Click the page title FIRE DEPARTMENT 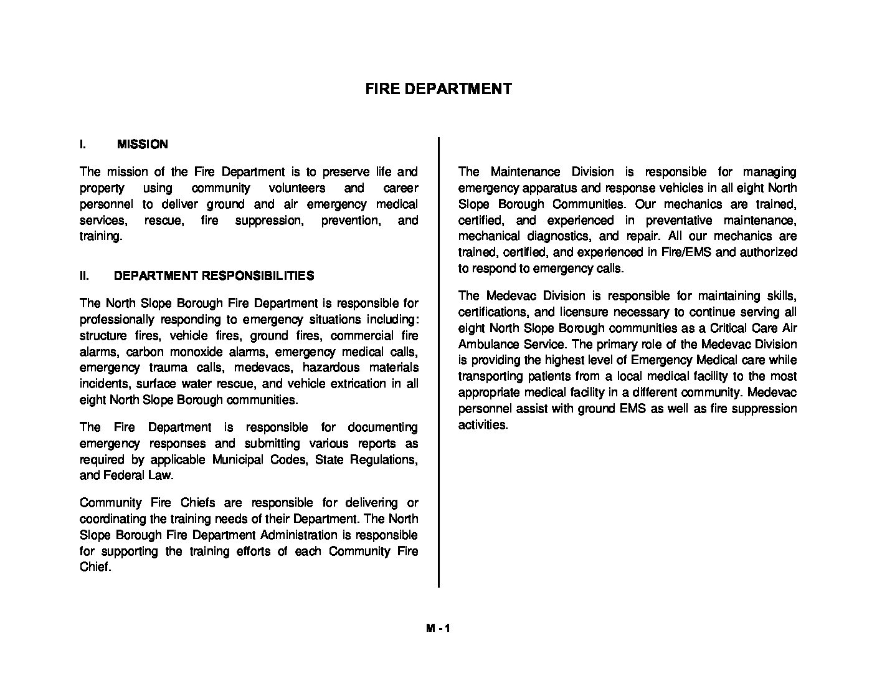[438, 88]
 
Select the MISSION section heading [142, 145]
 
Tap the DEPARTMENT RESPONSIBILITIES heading [214, 275]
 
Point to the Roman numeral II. [84, 275]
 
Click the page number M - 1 [438, 629]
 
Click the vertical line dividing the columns [439, 361]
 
